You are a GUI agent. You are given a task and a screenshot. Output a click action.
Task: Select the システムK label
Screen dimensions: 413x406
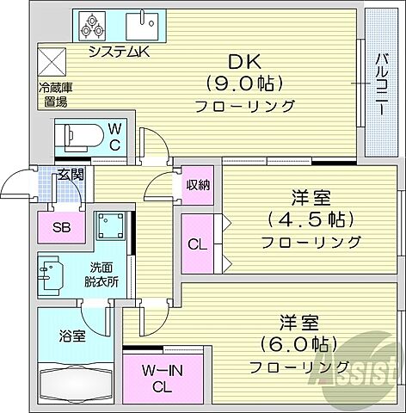pyautogui.click(x=121, y=52)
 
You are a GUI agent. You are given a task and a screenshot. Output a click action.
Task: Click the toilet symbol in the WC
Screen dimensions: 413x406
pyautogui.click(x=77, y=135)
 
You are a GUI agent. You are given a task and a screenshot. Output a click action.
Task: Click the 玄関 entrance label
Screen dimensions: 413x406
pyautogui.click(x=70, y=176)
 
